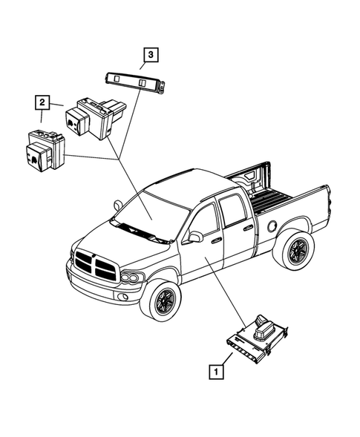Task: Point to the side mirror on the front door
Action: pos(195,237)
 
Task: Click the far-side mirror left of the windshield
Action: pos(118,203)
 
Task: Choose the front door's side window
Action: pos(205,218)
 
